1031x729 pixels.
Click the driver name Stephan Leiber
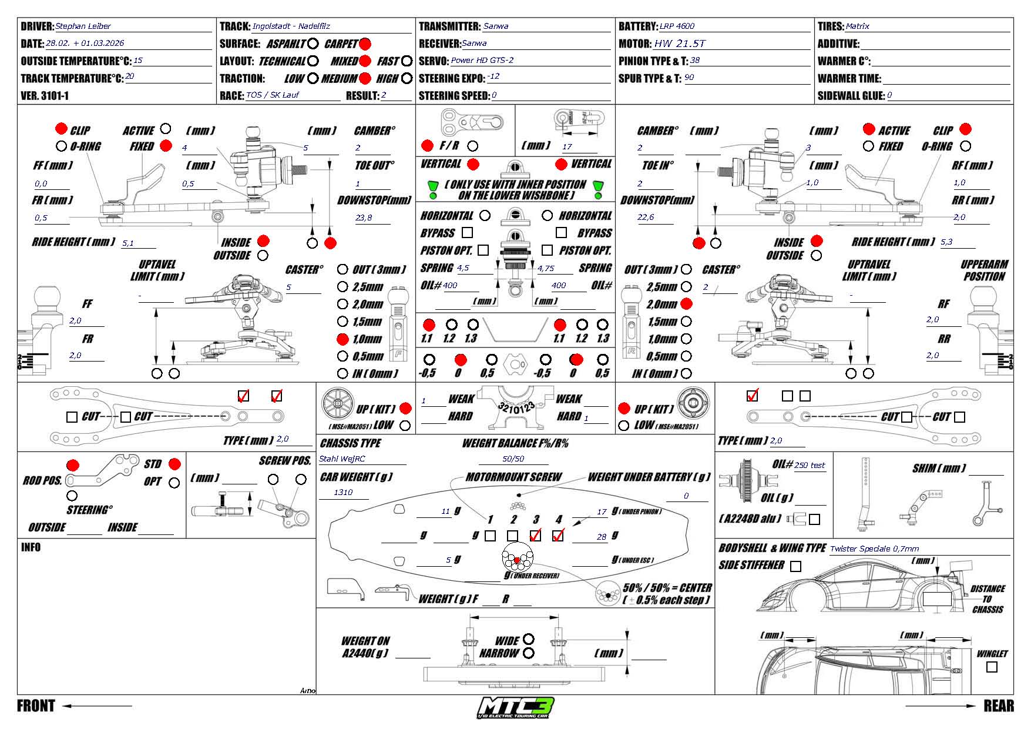coord(83,26)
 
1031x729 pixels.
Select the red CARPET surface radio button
coord(365,44)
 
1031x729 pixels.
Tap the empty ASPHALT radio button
coord(313,44)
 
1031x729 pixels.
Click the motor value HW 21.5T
coord(680,44)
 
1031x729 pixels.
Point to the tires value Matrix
coord(857,26)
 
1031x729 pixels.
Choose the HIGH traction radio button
coord(407,78)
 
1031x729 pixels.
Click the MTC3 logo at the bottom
coord(515,707)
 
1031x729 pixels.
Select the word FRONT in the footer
coord(36,706)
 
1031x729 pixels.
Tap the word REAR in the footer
coord(998,706)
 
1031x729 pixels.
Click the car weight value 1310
coord(343,492)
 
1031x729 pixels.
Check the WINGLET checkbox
coord(992,667)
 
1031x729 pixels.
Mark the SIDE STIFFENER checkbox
coord(795,566)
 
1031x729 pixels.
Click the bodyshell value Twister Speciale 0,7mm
coord(874,549)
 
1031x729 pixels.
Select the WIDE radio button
coord(528,639)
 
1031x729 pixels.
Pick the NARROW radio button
coord(528,653)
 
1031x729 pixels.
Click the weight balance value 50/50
coord(513,459)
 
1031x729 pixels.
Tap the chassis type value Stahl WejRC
coord(342,459)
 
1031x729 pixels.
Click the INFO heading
coord(31,547)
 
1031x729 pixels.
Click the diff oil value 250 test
coord(810,465)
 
